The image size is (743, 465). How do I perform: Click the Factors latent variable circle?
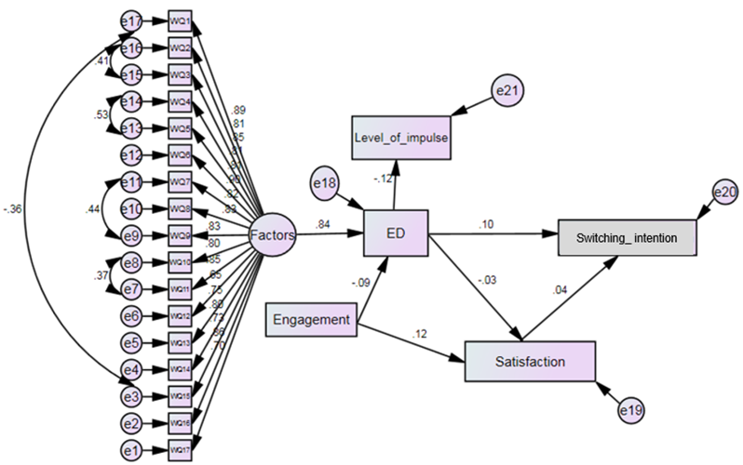point(273,236)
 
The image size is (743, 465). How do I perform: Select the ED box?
point(395,232)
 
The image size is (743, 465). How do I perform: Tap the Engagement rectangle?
point(312,321)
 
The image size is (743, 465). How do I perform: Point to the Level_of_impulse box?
point(401,137)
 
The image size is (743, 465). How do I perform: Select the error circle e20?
point(724,192)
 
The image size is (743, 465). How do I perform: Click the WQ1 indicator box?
point(180,20)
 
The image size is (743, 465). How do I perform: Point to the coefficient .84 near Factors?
point(321,225)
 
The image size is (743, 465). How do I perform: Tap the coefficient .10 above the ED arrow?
point(486,224)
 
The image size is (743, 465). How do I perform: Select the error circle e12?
point(132,154)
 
